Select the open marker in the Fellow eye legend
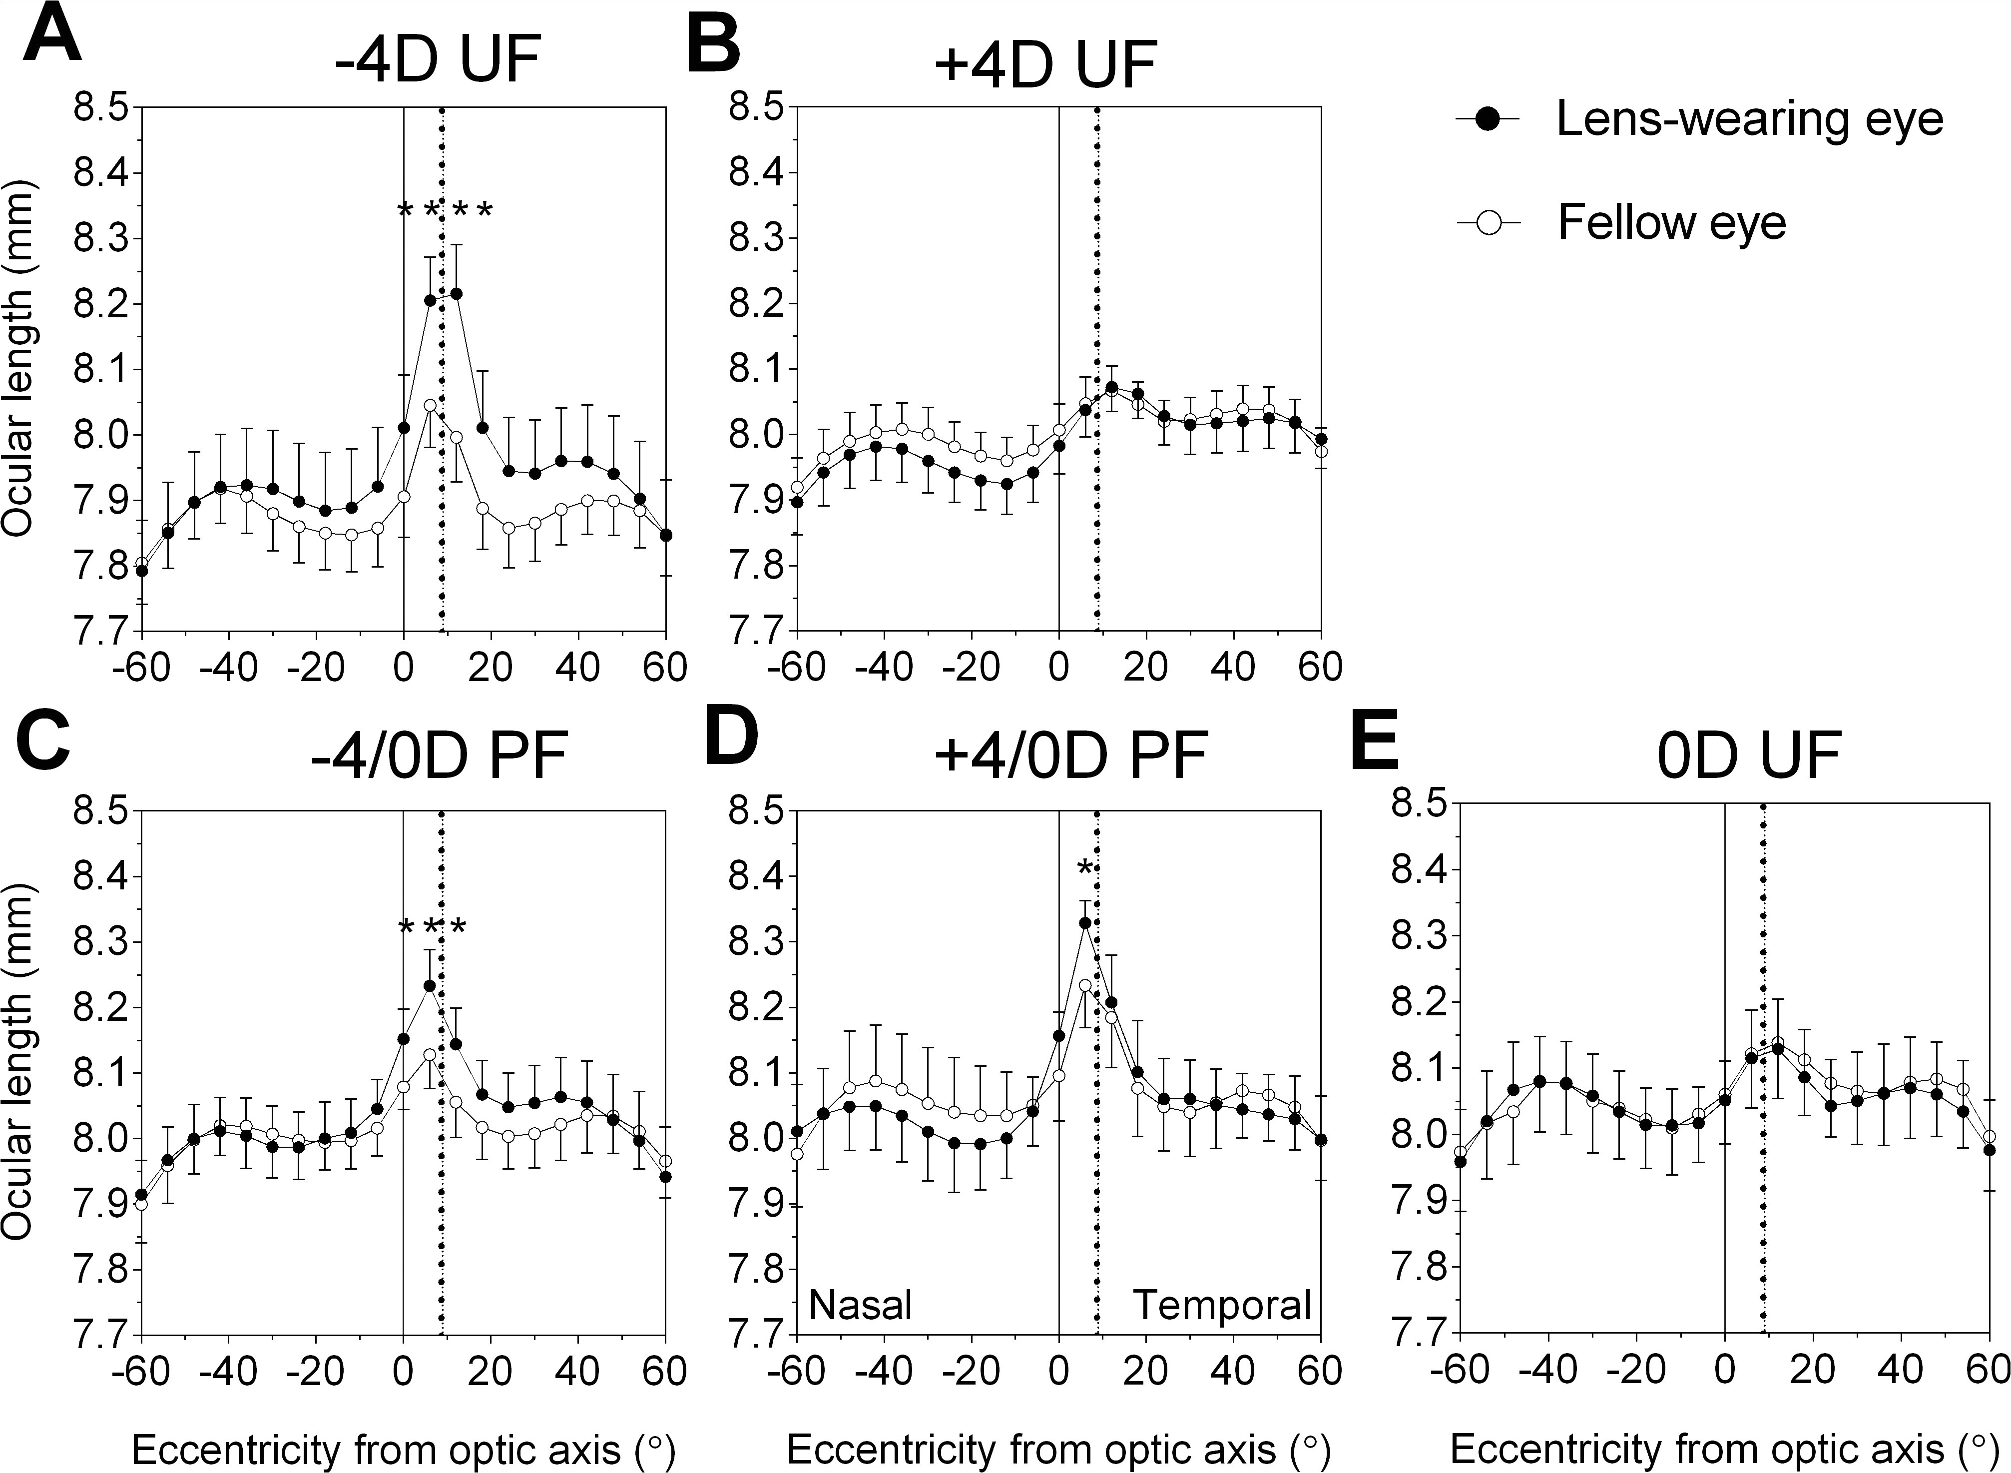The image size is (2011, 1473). point(1480,223)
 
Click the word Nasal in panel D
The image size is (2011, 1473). point(860,1306)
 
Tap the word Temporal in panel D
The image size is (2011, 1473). point(1222,1306)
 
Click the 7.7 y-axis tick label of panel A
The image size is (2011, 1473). point(101,633)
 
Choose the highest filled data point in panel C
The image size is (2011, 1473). point(430,986)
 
